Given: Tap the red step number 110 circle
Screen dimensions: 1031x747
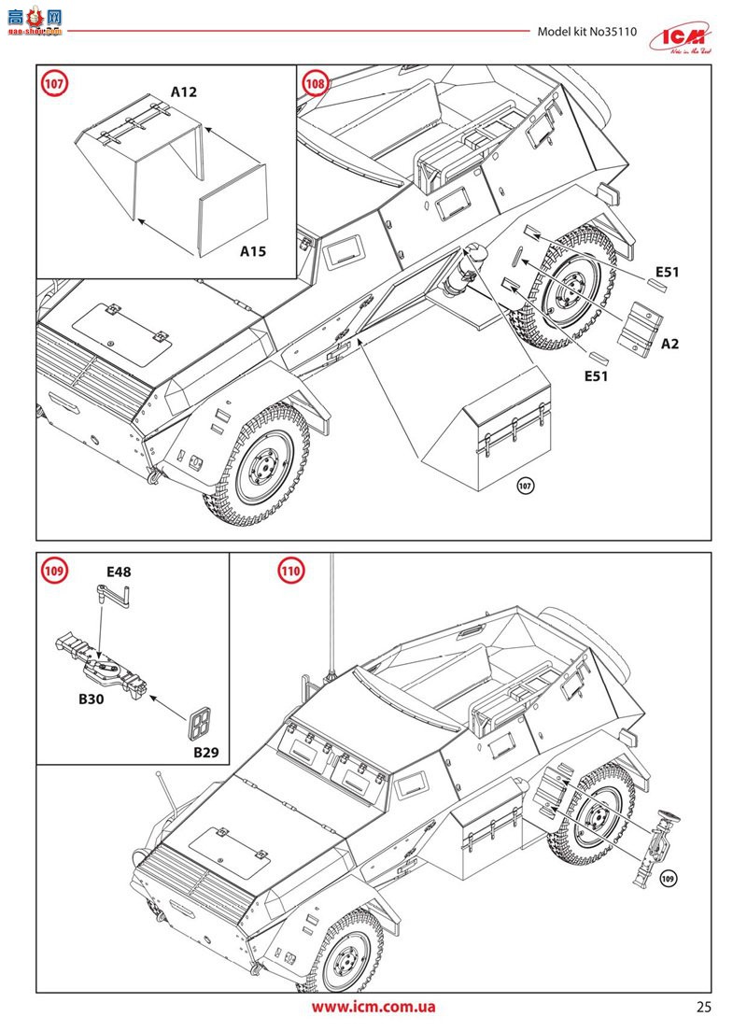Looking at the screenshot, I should [291, 571].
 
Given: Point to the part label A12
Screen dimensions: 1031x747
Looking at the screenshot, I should [184, 92].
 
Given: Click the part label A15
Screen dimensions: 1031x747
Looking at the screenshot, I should [253, 251].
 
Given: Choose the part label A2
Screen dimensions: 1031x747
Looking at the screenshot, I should [669, 344].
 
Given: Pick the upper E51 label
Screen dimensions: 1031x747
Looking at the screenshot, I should [667, 272].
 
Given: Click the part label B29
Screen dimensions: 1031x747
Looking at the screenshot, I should [205, 752].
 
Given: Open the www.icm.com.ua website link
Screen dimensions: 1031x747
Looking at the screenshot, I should [373, 1007].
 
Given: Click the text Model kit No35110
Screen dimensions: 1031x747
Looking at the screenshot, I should [586, 32].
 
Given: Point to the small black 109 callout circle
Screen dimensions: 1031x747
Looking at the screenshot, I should [667, 878].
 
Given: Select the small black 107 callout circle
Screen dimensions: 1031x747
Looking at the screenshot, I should [525, 487].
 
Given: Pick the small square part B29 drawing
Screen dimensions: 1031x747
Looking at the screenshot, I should [199, 723].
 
